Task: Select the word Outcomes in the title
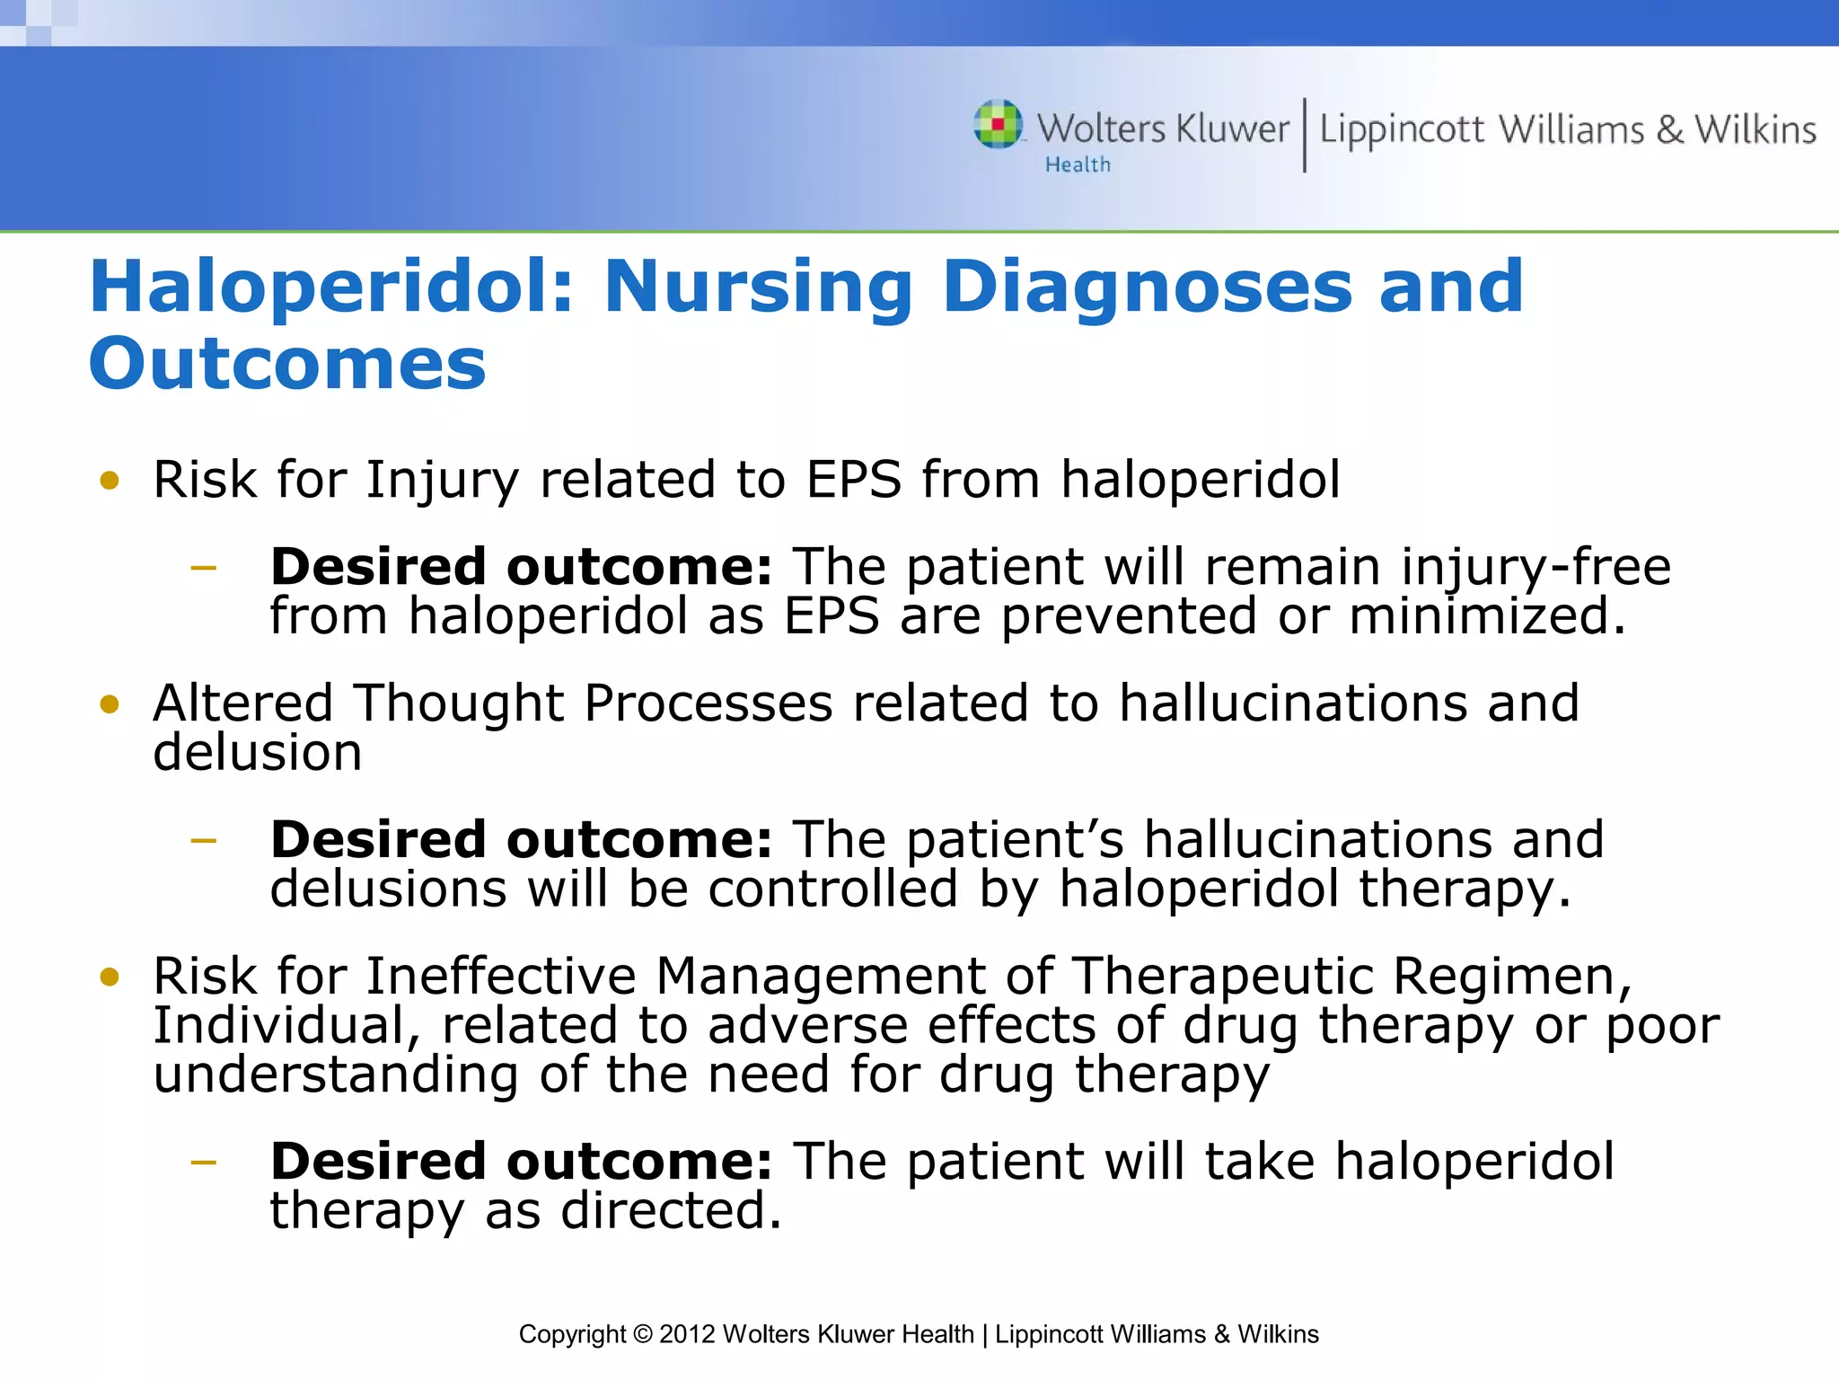click(287, 365)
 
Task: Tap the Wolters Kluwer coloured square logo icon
click(998, 124)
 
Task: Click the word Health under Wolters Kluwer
click(1078, 165)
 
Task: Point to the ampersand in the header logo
click(1669, 130)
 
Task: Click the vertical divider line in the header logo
click(1304, 135)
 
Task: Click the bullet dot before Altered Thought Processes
click(110, 703)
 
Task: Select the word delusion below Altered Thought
click(258, 753)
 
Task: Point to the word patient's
click(1015, 840)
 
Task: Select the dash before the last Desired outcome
click(204, 1163)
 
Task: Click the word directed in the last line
click(670, 1211)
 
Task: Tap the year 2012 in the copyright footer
click(687, 1334)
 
